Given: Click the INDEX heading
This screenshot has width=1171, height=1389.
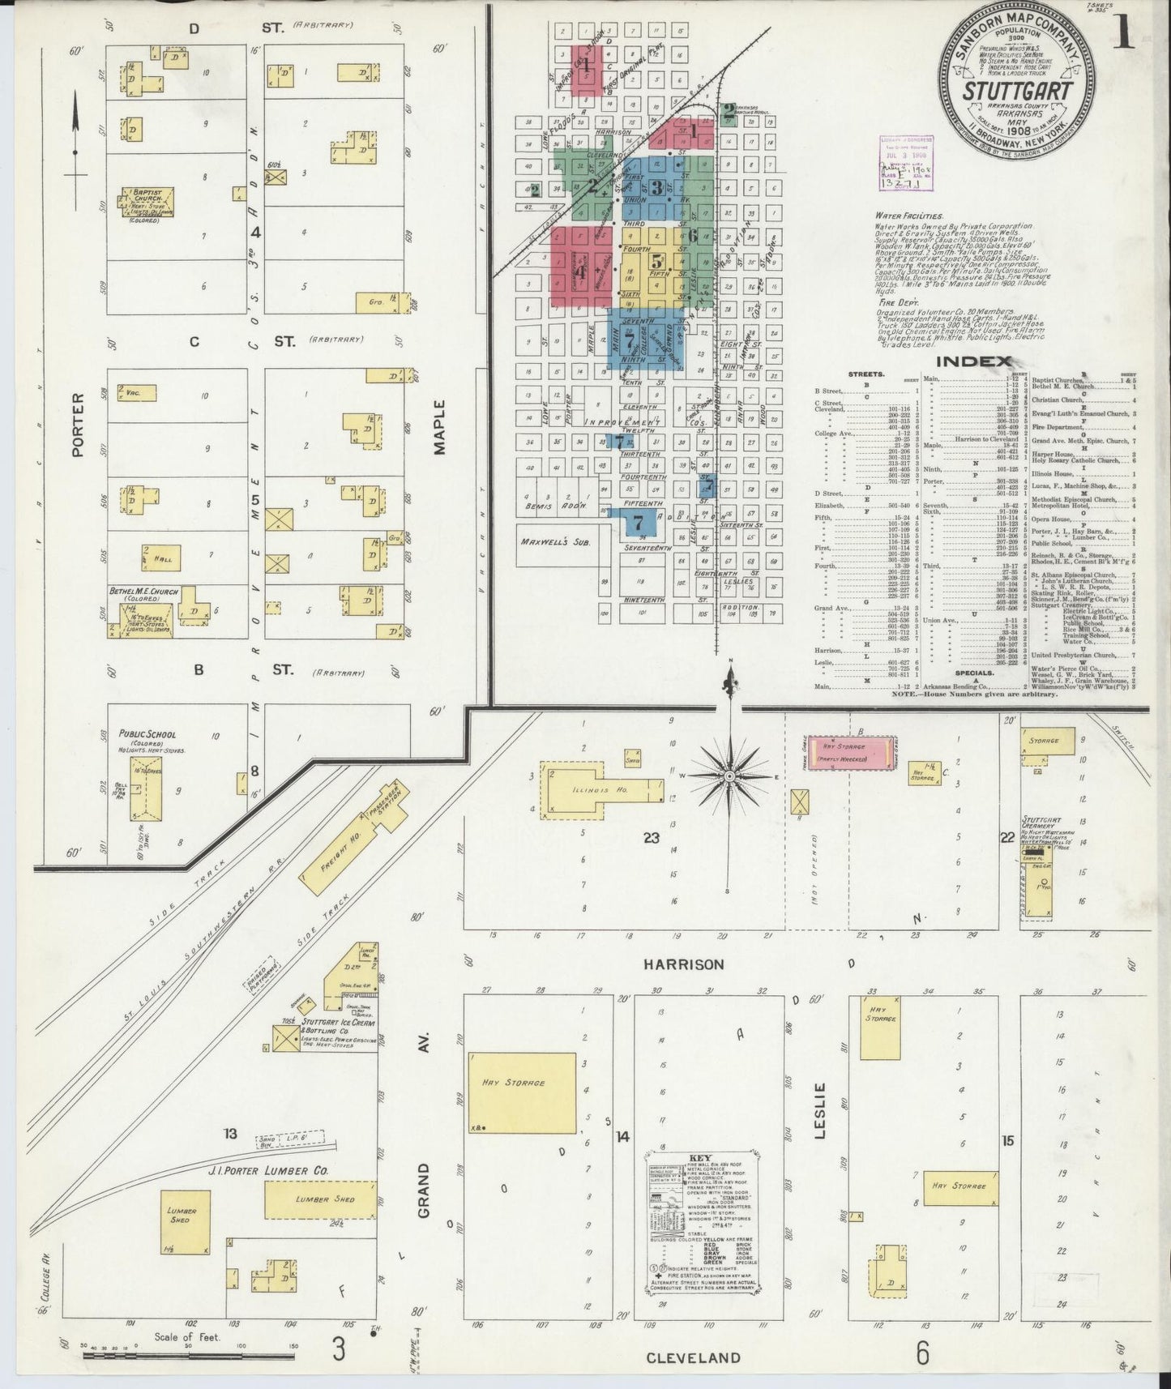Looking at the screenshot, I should pos(973,361).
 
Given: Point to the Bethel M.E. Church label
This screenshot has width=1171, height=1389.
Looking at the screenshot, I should pos(143,591).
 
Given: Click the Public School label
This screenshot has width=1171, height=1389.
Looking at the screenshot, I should pos(147,734).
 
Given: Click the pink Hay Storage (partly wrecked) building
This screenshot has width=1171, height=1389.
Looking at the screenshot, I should pos(844,751).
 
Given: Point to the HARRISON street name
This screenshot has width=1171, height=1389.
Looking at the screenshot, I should pos(684,964).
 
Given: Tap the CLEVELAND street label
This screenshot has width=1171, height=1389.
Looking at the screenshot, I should pos(693,1357).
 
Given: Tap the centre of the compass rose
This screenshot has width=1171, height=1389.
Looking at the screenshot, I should pos(729,776).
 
